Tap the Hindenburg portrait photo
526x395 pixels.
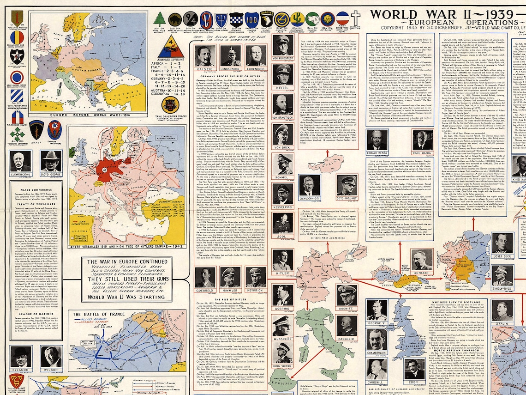point(230,56)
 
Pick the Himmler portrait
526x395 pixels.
point(230,277)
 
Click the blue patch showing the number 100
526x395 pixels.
point(251,19)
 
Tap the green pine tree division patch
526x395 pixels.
point(160,19)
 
